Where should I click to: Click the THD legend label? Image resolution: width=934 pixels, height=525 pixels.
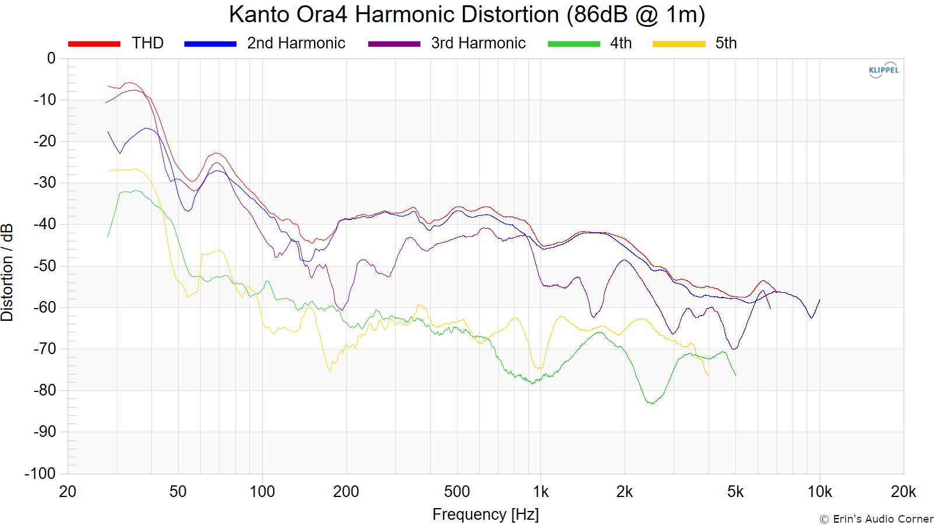tap(148, 43)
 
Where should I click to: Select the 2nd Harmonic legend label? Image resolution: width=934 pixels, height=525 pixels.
tap(296, 43)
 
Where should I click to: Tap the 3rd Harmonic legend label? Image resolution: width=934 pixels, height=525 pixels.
tap(478, 43)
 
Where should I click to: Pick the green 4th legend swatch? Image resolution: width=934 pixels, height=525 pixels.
tap(574, 44)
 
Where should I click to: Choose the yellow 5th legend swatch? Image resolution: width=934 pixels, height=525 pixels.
tap(679, 44)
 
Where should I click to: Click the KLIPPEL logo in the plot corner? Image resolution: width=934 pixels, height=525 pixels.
tap(884, 70)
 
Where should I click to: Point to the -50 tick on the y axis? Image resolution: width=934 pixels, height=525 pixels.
tap(44, 266)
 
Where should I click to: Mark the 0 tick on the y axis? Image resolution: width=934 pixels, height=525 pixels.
tap(51, 58)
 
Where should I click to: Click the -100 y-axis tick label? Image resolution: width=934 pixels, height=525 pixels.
tap(40, 473)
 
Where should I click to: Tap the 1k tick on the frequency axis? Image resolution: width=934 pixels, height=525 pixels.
tap(541, 492)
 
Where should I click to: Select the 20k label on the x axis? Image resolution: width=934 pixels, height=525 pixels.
tap(903, 492)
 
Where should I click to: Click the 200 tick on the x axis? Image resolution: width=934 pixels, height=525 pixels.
tap(346, 492)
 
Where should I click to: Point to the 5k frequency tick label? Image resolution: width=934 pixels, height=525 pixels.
tap(736, 492)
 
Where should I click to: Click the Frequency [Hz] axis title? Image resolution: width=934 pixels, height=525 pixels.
tap(485, 514)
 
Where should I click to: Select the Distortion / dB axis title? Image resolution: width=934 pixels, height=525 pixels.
tap(7, 272)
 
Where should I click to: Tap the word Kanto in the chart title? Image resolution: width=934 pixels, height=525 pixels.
tap(259, 15)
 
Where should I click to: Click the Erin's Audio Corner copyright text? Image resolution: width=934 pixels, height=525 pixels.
tap(876, 519)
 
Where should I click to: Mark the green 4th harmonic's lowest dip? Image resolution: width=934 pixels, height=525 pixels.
tap(651, 403)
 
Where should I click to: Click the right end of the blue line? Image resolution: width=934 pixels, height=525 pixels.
tap(820, 300)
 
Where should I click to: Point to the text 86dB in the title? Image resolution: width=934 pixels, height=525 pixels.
tap(601, 15)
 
